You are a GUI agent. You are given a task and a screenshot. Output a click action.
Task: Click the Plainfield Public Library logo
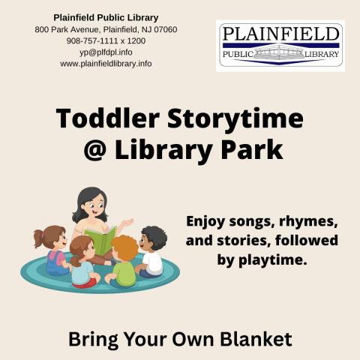click(280, 46)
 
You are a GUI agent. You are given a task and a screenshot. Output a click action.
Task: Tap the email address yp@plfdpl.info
click(106, 52)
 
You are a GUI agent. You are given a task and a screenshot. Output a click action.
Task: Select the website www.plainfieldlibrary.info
click(106, 64)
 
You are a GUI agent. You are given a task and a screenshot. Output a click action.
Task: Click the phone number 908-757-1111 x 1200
click(106, 40)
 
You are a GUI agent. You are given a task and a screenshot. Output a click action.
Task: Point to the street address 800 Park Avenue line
click(106, 29)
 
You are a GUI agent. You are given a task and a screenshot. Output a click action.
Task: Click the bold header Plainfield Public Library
click(106, 17)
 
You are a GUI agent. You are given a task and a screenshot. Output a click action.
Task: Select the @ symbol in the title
click(91, 149)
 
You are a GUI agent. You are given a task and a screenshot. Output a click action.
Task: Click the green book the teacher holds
click(101, 241)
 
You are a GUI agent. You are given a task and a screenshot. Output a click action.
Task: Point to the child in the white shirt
click(152, 252)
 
